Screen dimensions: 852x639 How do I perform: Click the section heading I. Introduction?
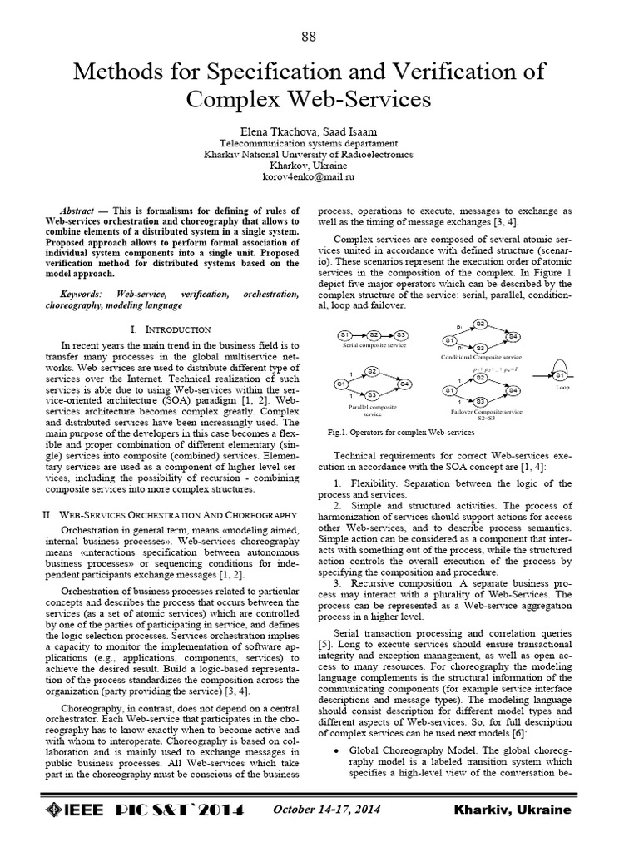(177, 330)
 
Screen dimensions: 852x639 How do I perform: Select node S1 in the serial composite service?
(345, 334)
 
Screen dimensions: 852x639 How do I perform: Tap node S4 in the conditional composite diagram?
(513, 336)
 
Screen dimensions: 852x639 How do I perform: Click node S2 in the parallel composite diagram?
(372, 371)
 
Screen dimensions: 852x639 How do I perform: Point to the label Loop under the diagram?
(562, 388)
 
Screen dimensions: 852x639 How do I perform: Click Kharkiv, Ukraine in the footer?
(513, 810)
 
